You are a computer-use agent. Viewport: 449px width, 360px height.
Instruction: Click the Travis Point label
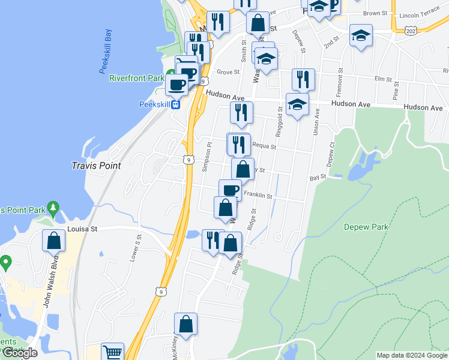[96, 166]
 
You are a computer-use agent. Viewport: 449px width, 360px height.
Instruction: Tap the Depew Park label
[366, 227]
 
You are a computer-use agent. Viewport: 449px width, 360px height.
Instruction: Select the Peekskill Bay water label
[106, 53]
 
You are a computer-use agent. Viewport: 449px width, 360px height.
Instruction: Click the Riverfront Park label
[136, 78]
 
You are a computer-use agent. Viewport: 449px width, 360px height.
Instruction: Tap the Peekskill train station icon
[176, 104]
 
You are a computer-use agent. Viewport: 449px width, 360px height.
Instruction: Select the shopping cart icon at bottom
[112, 352]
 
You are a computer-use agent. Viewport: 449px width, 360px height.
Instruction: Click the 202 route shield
[411, 30]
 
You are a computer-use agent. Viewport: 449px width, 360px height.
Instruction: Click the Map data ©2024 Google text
[411, 355]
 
